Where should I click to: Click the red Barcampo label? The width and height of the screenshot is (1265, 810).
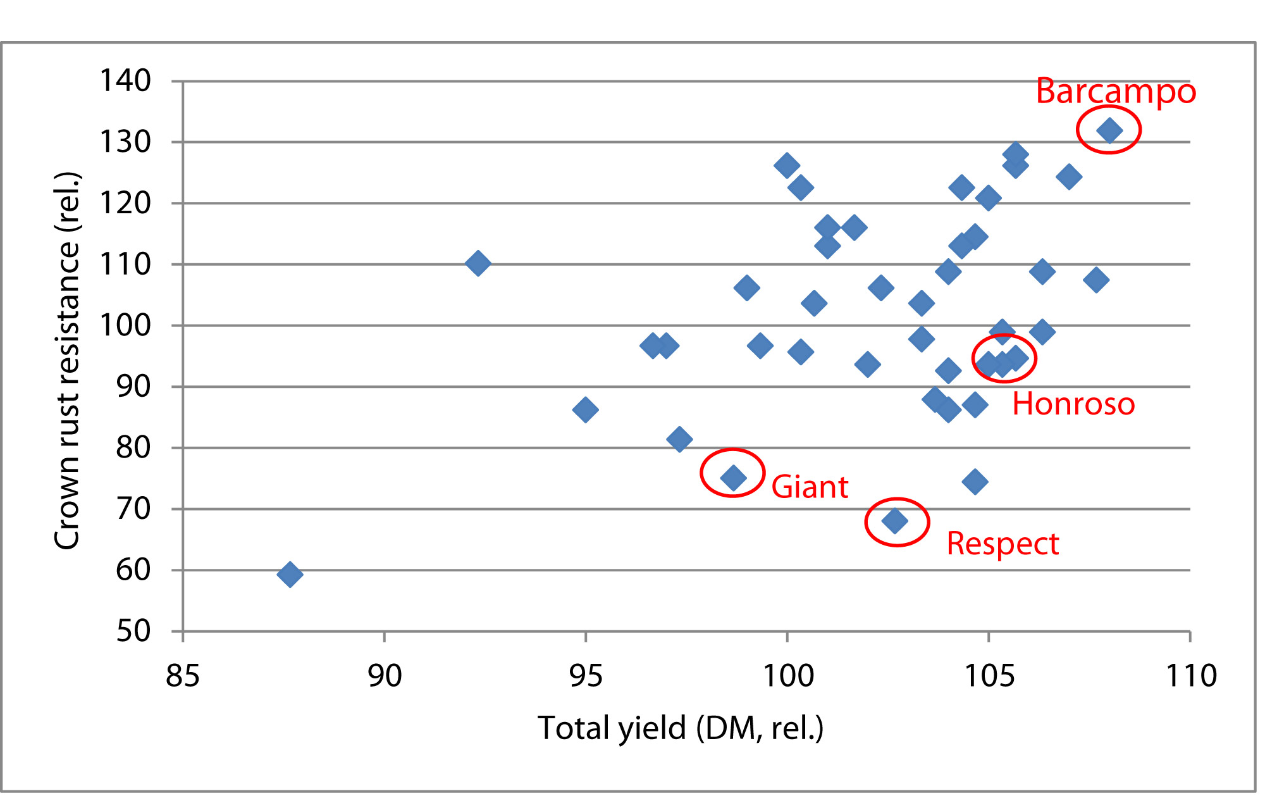1116,92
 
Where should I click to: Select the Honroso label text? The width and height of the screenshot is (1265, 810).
1073,404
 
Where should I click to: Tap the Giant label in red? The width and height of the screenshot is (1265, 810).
810,487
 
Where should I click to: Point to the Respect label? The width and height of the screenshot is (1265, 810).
1003,544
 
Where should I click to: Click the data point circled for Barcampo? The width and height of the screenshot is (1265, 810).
1109,131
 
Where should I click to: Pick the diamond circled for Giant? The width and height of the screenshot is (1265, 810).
733,477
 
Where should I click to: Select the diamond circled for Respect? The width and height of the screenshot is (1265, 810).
894,521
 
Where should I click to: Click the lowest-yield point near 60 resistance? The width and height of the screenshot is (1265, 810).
290,575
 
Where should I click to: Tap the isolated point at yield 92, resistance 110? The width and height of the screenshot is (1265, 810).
478,263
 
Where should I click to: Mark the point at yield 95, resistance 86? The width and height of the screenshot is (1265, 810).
585,409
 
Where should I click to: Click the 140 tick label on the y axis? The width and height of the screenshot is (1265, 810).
125,81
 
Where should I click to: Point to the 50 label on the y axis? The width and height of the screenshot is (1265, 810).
133,631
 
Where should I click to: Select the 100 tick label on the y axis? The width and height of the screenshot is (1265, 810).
125,325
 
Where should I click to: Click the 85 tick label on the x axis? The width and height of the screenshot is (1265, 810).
183,676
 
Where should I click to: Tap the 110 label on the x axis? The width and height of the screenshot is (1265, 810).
1191,676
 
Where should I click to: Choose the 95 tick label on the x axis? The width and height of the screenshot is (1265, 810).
586,676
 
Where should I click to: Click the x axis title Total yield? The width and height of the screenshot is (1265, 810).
681,728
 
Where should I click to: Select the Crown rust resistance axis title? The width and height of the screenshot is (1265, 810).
67,361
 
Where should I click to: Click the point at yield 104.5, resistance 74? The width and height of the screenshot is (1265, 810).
975,482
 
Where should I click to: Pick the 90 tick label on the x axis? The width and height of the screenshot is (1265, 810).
385,676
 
